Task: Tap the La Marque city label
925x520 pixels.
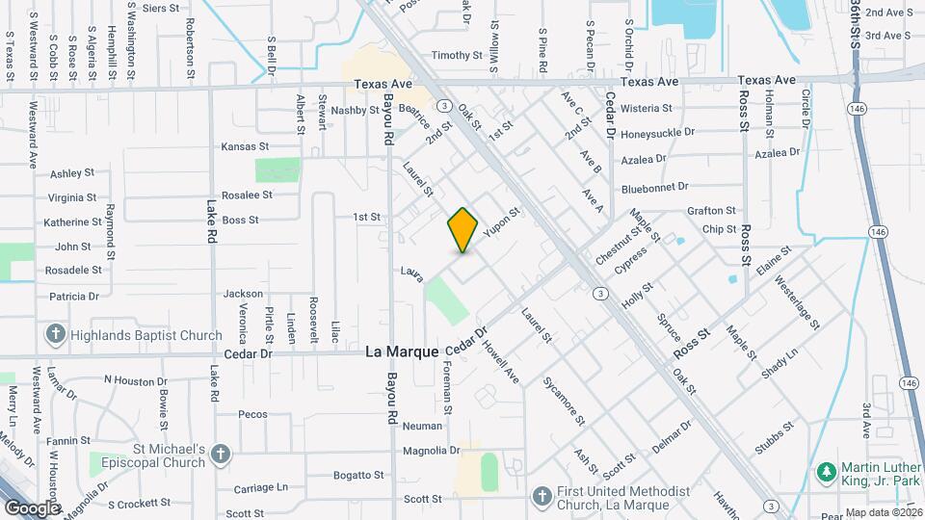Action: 402,352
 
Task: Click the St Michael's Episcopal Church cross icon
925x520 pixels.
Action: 221,455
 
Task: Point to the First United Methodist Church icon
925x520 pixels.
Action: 542,495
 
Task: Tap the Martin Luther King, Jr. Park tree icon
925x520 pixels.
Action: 825,472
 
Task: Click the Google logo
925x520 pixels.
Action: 32,507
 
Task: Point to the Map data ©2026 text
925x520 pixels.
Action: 883,512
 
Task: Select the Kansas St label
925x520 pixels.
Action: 245,146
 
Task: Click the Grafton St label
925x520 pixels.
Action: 711,211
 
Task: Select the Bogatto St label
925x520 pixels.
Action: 358,475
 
